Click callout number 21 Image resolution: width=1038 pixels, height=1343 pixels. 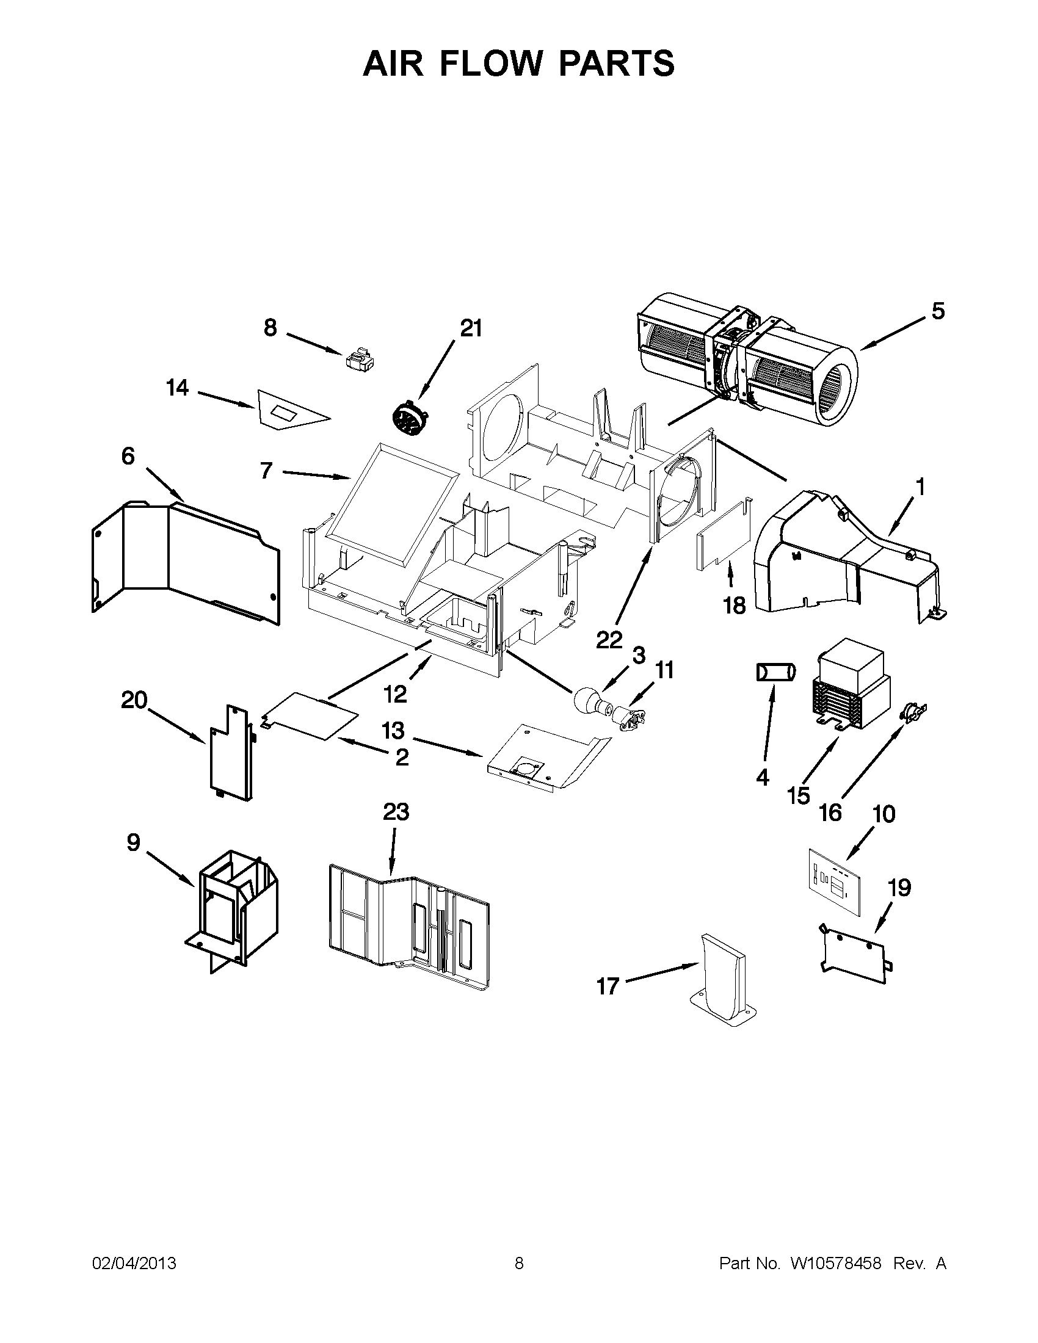[471, 329]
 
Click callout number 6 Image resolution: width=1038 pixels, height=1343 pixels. [127, 457]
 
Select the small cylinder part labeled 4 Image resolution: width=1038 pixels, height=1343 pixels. [775, 672]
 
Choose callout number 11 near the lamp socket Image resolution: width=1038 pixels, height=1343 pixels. [664, 670]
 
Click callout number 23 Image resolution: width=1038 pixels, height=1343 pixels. [396, 813]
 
